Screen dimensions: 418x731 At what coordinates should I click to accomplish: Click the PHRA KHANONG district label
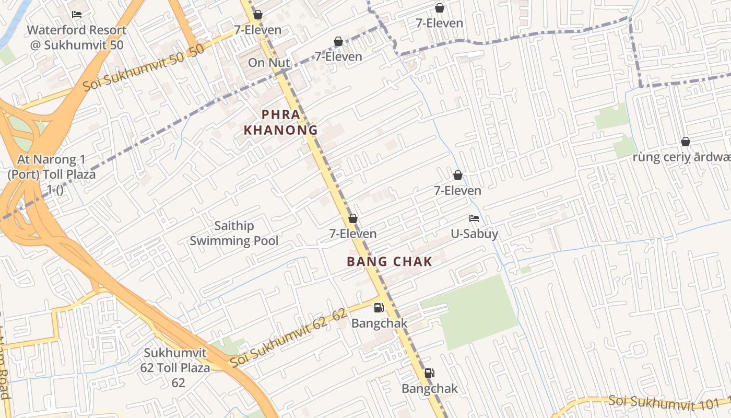[281, 122]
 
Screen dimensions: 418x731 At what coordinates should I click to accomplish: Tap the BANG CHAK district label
[390, 262]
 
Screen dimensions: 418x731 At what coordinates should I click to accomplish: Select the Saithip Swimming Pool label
[234, 233]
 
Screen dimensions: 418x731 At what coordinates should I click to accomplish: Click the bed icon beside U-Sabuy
[474, 218]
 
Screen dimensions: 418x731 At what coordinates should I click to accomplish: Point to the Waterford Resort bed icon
[77, 15]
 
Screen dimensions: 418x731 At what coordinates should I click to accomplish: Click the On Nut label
[269, 63]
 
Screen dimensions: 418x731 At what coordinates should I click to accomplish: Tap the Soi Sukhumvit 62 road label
[288, 338]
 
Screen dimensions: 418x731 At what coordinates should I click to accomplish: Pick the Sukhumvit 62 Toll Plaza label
[175, 368]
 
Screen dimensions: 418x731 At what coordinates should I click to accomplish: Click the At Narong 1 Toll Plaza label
[52, 173]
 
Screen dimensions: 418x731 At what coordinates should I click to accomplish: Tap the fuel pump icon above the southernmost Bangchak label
[429, 373]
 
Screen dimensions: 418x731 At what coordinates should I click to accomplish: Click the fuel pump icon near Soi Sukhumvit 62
[379, 308]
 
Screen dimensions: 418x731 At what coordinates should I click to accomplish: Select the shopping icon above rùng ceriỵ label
[686, 142]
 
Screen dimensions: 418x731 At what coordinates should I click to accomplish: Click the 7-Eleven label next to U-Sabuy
[457, 191]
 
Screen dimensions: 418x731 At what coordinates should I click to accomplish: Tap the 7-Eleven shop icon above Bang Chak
[353, 218]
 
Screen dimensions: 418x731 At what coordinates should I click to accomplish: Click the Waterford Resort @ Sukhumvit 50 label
[77, 37]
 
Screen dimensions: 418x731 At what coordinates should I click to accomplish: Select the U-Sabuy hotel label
[475, 234]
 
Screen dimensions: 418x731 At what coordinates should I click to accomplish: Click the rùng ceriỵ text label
[681, 157]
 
